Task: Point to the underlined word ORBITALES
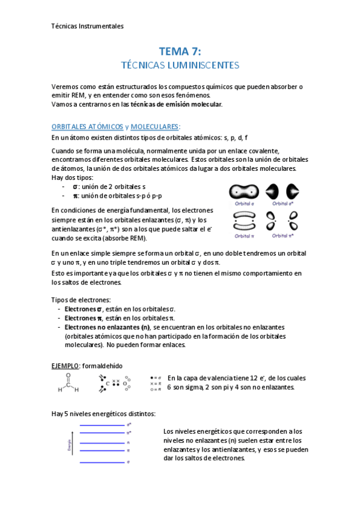tap(70, 127)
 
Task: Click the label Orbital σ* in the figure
tap(285, 203)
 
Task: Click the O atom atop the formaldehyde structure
tap(68, 376)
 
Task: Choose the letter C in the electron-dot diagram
tap(108, 382)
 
